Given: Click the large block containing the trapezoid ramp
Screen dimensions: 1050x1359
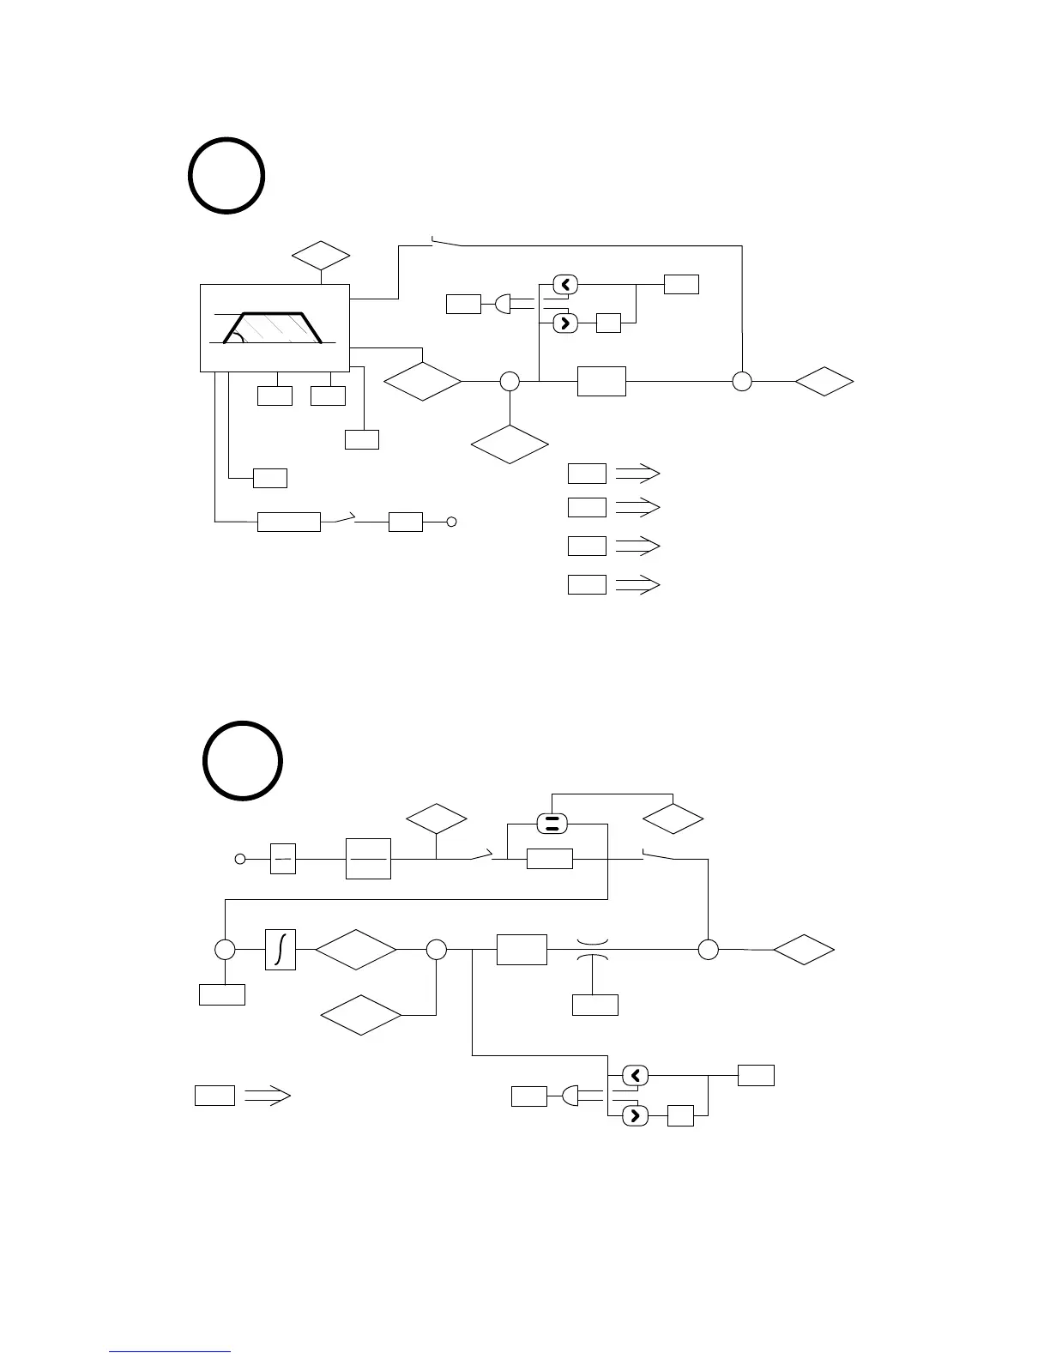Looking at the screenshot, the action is click(275, 328).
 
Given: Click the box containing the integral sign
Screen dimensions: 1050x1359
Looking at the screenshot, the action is click(281, 950).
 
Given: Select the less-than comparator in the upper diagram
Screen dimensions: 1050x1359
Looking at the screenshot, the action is click(565, 284).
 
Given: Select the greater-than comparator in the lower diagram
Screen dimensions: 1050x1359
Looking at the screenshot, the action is click(635, 1115).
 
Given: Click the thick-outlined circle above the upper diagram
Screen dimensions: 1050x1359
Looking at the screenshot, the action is click(226, 175).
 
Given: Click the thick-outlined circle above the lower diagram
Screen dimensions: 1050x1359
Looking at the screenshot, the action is click(243, 761).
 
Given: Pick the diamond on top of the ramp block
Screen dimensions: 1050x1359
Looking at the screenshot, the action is click(321, 256).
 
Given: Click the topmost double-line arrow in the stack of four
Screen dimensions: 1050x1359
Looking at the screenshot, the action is click(637, 474).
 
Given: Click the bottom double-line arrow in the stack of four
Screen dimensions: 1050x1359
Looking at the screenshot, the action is click(637, 585).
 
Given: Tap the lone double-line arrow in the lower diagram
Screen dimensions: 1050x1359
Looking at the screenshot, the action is click(268, 1096).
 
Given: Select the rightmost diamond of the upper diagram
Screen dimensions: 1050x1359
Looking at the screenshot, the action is click(824, 381).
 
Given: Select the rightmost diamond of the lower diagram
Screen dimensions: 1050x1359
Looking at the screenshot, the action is click(804, 951).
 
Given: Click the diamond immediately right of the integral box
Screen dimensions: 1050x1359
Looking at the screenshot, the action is click(356, 950).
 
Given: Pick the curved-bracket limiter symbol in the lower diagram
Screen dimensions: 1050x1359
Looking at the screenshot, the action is click(593, 950).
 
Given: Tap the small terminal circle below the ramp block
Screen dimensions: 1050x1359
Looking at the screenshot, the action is click(451, 522).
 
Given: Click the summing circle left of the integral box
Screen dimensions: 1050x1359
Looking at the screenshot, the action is click(225, 950).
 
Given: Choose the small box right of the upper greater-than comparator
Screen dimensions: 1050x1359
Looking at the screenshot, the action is click(608, 323).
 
